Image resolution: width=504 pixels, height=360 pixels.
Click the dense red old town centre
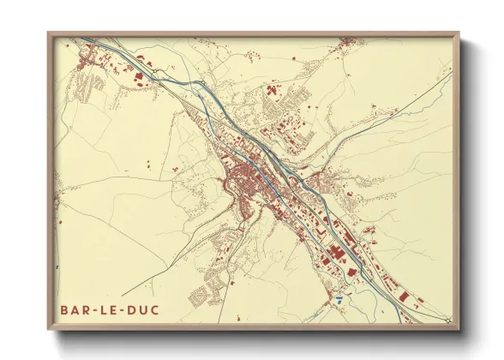(x=244, y=181)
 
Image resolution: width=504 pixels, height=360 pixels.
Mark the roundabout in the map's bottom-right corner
(x=447, y=320)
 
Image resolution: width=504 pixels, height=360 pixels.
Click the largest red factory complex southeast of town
(x=335, y=253)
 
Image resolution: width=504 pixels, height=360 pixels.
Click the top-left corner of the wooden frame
(x=49, y=33)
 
